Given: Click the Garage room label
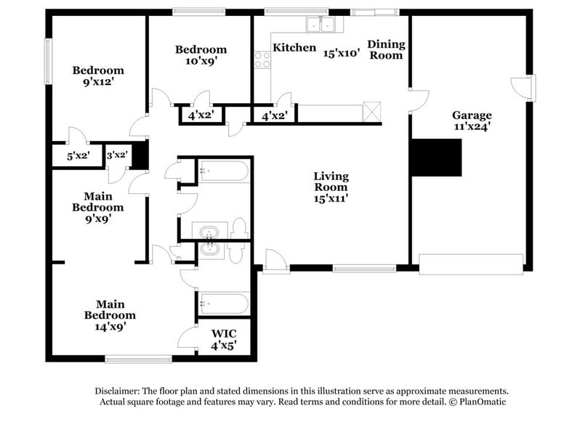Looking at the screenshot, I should [472, 115].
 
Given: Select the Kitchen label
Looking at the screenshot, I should [294, 48].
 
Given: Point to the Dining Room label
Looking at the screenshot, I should [385, 49].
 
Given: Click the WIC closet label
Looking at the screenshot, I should [223, 335].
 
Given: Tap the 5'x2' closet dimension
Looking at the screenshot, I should [77, 155].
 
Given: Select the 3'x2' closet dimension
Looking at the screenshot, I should [117, 155].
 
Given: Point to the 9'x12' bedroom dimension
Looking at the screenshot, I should [98, 82].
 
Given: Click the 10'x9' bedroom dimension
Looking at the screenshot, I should [201, 61].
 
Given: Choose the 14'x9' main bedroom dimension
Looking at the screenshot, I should [109, 328].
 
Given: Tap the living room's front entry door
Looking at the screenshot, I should [274, 261].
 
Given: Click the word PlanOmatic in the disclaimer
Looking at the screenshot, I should [479, 402].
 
